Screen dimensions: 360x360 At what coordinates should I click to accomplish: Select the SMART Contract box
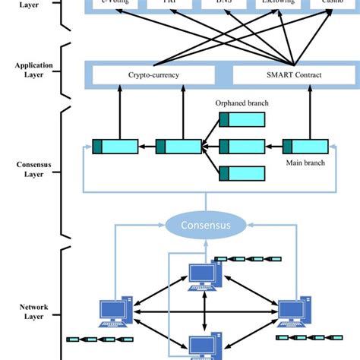point(282,75)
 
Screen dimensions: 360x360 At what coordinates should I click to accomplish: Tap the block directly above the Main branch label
point(305,147)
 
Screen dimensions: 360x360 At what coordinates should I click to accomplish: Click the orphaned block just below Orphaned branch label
point(242,119)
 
